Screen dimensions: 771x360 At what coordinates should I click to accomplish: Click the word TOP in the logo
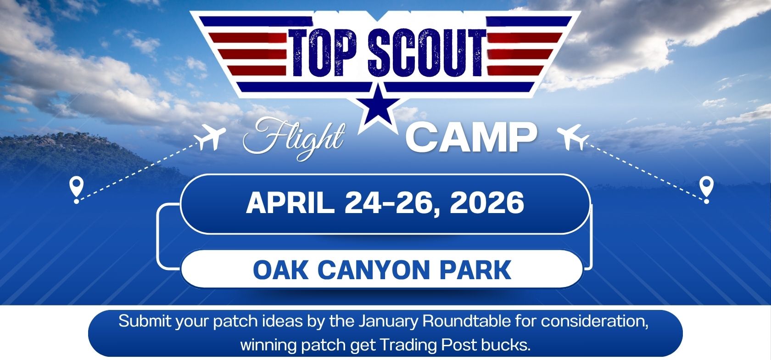[323, 52]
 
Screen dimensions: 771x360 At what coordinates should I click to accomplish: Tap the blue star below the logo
[378, 107]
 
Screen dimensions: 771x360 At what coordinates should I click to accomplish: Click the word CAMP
[471, 137]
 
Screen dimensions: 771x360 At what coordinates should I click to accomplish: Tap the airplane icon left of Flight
[210, 137]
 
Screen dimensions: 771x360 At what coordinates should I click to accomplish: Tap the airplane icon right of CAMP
[572, 137]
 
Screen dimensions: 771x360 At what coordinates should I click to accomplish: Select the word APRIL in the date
[290, 203]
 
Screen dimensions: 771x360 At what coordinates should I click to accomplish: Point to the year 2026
[487, 203]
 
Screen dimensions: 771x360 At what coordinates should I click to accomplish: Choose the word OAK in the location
[280, 270]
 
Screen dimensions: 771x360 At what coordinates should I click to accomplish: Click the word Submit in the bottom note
[145, 321]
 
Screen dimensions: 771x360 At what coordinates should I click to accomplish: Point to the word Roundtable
[466, 321]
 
